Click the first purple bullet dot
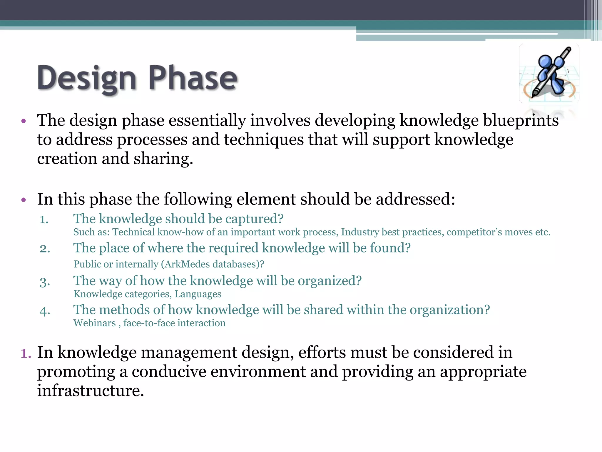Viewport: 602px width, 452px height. tap(24, 121)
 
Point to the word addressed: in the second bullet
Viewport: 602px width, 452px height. tap(415, 199)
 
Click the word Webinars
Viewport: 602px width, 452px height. tap(94, 323)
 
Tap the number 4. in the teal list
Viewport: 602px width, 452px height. tap(45, 311)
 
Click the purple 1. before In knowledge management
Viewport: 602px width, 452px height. tap(26, 353)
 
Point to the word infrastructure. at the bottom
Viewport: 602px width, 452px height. tap(91, 391)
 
